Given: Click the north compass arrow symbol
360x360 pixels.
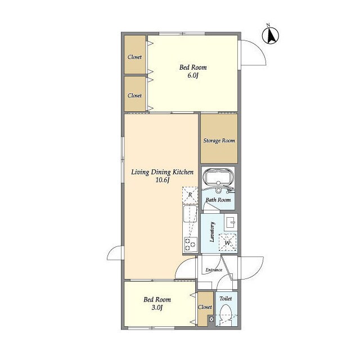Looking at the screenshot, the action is click(271, 35).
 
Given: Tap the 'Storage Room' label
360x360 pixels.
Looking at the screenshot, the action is click(219, 141).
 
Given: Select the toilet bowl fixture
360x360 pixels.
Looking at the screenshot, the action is click(226, 314).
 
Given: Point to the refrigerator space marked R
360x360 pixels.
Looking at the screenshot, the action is click(190, 195).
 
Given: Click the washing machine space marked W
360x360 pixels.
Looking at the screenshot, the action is click(227, 242).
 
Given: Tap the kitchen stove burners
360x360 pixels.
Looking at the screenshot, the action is click(190, 244).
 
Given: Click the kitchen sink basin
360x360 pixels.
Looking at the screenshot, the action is click(190, 214).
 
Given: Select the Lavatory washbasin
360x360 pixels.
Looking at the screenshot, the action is click(231, 222).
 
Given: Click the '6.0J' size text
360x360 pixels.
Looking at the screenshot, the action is click(193, 75).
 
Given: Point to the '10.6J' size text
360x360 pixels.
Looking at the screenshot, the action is click(163, 180).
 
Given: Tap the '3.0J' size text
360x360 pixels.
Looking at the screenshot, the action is click(157, 308).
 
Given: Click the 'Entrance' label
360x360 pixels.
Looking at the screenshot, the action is click(214, 270).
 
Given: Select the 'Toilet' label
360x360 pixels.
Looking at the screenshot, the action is click(226, 299).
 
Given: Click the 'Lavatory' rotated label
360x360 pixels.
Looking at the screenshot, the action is click(212, 232).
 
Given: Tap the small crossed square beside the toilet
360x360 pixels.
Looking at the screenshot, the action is click(211, 319).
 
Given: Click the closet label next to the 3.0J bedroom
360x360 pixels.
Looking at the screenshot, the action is click(205, 307).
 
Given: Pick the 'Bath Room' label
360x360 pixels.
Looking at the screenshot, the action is click(218, 200).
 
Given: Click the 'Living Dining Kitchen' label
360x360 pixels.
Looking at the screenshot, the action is click(163, 172).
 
